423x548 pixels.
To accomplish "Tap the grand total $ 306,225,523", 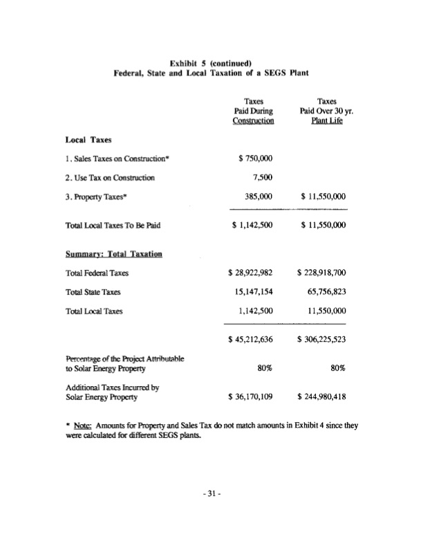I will pos(321,339).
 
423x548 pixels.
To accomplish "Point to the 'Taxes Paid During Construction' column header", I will pos(252,110).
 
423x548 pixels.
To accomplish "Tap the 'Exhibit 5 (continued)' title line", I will pos(210,62).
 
